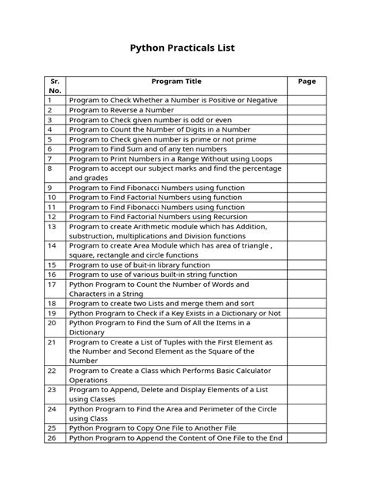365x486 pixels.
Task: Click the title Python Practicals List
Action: click(x=182, y=48)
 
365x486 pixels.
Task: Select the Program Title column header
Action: click(x=177, y=81)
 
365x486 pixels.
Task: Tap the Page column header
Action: click(x=306, y=81)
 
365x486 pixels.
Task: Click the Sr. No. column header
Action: click(x=55, y=85)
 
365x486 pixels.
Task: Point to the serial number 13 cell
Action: click(x=52, y=227)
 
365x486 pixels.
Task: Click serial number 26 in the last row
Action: click(x=52, y=438)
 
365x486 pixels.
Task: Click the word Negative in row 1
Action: click(x=256, y=100)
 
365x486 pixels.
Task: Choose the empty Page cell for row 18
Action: click(x=306, y=304)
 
